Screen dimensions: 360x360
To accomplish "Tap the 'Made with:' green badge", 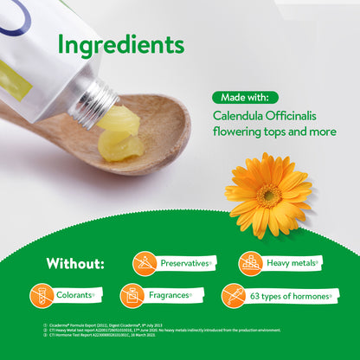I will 245,97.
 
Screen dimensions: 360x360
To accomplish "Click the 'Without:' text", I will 77,263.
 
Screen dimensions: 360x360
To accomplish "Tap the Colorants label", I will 74,295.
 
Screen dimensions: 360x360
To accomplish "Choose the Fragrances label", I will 170,295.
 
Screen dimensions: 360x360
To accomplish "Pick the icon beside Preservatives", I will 145,263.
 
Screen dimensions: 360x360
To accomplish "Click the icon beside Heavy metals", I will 250,263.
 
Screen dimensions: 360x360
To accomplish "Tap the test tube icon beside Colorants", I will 42,295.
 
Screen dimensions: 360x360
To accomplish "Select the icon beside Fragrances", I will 132,295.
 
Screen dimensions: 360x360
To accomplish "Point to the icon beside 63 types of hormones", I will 234,295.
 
